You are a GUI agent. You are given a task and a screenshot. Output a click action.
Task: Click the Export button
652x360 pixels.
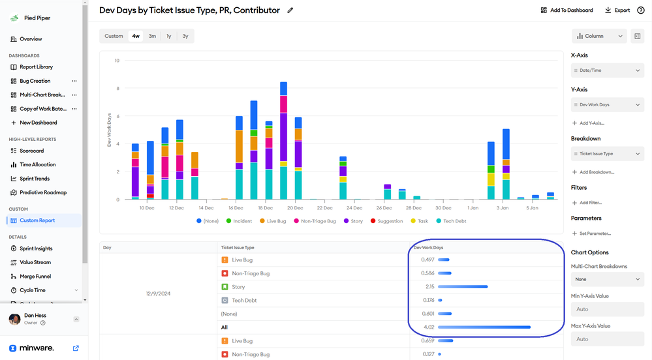click(617, 10)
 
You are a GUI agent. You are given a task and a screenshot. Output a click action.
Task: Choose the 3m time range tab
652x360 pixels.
click(152, 36)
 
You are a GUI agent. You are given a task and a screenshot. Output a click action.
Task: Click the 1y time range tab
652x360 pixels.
click(169, 36)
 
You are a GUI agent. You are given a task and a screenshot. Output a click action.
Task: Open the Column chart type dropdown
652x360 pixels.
click(598, 37)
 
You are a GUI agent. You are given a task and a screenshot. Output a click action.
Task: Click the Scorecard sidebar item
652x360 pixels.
click(31, 151)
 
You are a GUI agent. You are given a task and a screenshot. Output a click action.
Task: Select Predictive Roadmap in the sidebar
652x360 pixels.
click(42, 192)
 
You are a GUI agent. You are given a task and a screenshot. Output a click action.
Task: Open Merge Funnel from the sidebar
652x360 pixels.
click(35, 277)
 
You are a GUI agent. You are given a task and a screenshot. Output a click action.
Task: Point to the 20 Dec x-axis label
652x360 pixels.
click(294, 208)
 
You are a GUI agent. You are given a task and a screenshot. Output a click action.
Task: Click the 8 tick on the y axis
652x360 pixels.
click(117, 89)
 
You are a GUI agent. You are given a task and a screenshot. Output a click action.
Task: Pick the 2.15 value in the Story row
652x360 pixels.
click(428, 287)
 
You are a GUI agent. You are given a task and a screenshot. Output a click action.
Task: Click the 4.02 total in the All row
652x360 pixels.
click(428, 327)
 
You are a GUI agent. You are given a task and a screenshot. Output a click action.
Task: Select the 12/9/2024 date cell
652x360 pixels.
click(158, 293)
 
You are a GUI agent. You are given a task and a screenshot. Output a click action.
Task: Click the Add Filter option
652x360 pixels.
click(591, 203)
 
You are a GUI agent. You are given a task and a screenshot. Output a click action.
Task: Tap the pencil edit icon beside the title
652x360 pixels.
click(290, 10)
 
